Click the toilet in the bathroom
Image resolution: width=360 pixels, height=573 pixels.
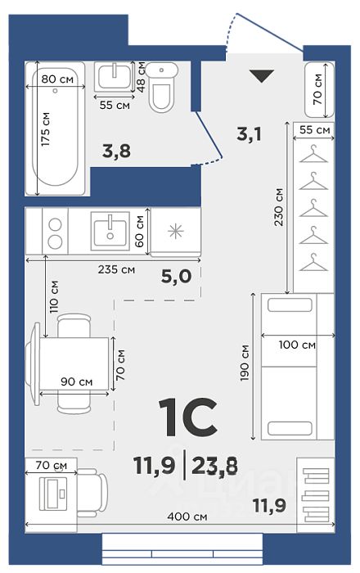click(x=162, y=87)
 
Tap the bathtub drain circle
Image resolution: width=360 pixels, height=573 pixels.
click(x=55, y=90)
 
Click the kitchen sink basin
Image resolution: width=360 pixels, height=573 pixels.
click(x=110, y=231)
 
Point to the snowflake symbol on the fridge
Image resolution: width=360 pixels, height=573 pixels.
click(x=176, y=232)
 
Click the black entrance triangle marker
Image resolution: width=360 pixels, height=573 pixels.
click(x=262, y=75)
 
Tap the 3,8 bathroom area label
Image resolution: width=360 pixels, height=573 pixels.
click(x=116, y=151)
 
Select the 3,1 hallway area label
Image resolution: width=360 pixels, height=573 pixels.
click(x=249, y=134)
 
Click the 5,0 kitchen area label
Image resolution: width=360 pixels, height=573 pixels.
click(x=177, y=277)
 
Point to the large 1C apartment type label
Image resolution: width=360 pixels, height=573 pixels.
click(x=188, y=417)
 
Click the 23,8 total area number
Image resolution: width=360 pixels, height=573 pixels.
click(x=214, y=466)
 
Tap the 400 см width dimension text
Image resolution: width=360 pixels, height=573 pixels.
click(x=187, y=517)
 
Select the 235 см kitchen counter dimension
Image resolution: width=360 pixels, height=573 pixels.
click(x=116, y=269)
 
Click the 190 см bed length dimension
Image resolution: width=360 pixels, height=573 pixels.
click(x=245, y=363)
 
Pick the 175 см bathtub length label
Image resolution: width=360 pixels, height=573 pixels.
click(x=45, y=129)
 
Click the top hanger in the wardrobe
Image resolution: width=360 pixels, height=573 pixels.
click(x=313, y=154)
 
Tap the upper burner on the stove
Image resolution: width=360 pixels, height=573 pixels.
click(x=55, y=224)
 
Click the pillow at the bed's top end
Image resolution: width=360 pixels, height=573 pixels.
click(x=290, y=305)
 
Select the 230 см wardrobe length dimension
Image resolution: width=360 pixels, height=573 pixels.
click(x=278, y=207)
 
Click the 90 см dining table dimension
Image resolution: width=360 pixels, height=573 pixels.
click(x=77, y=382)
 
